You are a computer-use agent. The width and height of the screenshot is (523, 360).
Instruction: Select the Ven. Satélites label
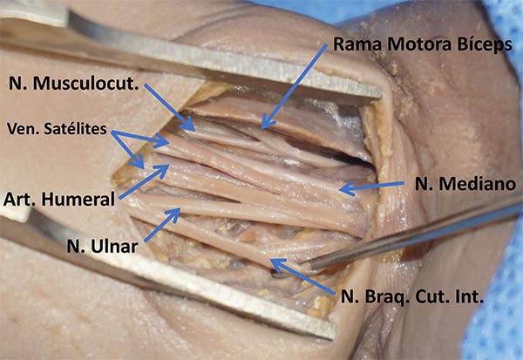pyautogui.click(x=56, y=128)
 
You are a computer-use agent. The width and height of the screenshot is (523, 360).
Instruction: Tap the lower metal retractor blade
pyautogui.click(x=174, y=288)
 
